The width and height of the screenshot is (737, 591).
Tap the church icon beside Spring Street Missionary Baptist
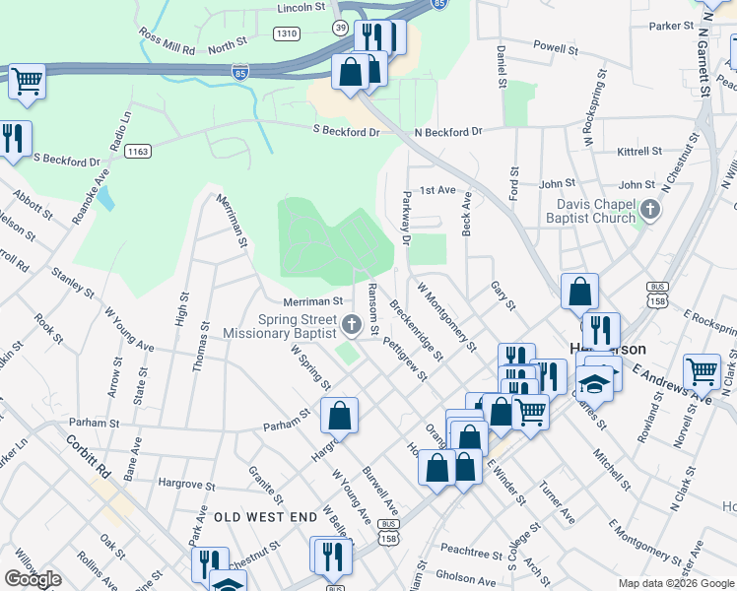pos(353,321)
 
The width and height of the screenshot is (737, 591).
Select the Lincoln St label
pos(301,7)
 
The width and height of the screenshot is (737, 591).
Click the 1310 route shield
pos(287,33)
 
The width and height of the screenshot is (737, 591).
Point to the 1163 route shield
pos(139,151)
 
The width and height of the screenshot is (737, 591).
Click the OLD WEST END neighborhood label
pos(266,516)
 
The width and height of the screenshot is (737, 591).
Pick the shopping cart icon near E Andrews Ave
pos(702,372)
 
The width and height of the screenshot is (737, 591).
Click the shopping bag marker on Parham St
pos(339,416)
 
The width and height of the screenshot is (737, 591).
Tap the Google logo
pos(33,579)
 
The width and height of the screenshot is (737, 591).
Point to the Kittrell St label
pos(639,152)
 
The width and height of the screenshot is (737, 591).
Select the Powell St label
pos(555,46)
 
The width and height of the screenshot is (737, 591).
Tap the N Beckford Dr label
pos(448,131)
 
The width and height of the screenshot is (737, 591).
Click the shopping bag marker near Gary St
pos(579,292)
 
